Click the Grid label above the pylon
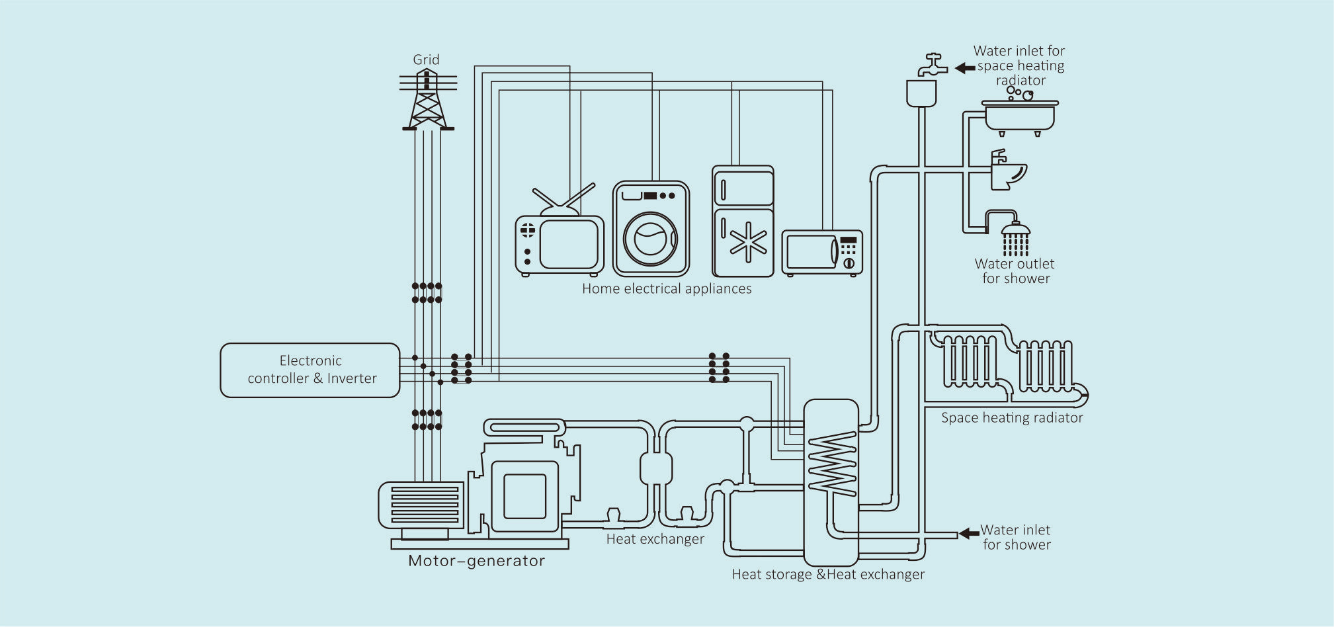pos(426,60)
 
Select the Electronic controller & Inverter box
pos(310,370)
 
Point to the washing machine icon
pos(651,229)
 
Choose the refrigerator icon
pos(743,221)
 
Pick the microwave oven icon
pos(822,252)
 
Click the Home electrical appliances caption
pos(667,289)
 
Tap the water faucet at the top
pos(932,65)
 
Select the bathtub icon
pos(1020,115)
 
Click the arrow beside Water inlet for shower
pos(969,533)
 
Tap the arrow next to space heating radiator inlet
pos(965,67)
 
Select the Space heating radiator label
pos(1012,418)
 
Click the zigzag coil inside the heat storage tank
pos(831,463)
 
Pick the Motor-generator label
pos(476,561)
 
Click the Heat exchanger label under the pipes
pos(655,539)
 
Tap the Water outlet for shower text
pos(1015,271)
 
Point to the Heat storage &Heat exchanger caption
pos(828,574)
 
